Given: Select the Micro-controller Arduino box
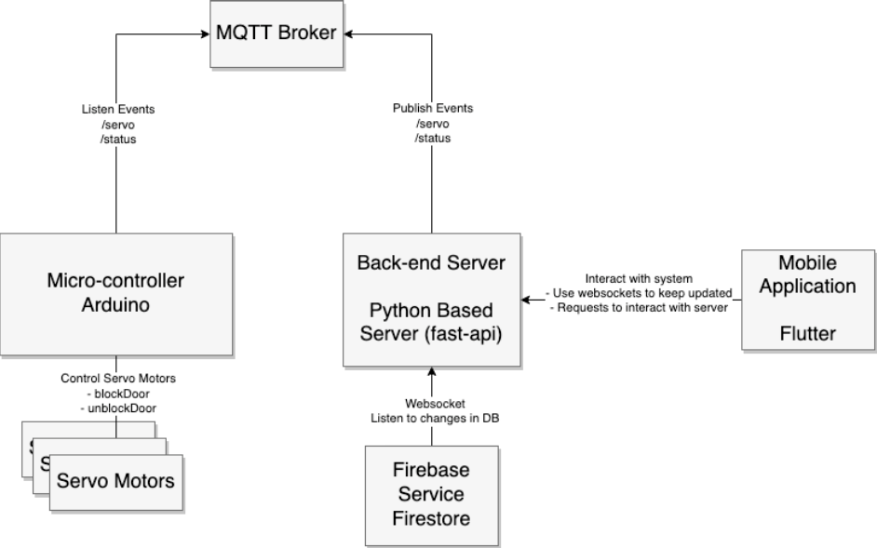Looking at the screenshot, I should tap(115, 294).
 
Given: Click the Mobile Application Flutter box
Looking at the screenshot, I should tap(807, 299).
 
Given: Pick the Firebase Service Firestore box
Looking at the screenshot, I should tap(427, 495).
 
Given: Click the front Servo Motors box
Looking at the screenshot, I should tap(116, 482).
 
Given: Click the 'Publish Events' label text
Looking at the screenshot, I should tap(431, 109).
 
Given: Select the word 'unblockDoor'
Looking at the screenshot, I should tap(118, 407).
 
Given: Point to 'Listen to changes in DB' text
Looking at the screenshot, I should tap(429, 418).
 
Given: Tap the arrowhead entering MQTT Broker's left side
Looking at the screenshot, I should tap(202, 34).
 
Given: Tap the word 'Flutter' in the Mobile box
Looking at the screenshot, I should tap(807, 331).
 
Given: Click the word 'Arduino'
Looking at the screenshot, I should tap(115, 306).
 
